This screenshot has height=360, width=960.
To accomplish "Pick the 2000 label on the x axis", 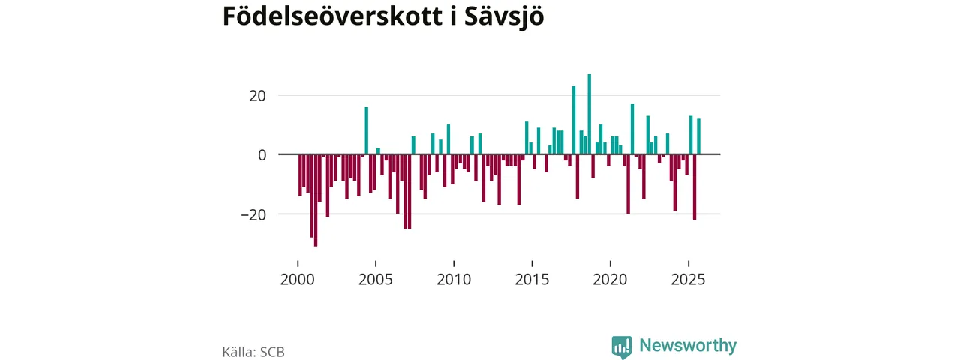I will pos(298,280).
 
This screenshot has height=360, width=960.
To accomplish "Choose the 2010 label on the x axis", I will pos(454,280).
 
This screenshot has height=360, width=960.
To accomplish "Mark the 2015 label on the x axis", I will pos(532,280).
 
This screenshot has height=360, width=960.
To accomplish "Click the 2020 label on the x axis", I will pos(610,280).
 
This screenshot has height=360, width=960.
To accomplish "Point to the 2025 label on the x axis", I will pos(688,280).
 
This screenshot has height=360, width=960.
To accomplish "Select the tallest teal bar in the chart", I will pos(589,114).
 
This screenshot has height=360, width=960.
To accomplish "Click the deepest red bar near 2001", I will pos(316,200).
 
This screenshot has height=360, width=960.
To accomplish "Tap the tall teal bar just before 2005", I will pos(367,130).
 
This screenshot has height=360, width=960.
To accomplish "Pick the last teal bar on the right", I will pos(698,136).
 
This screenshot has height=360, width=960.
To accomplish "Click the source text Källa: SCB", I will pos(253,351).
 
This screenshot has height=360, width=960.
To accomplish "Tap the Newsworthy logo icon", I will pos(621,346).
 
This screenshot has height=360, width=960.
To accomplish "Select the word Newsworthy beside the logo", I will pos(688,346).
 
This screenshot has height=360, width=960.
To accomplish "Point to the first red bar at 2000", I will pos(300,175).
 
